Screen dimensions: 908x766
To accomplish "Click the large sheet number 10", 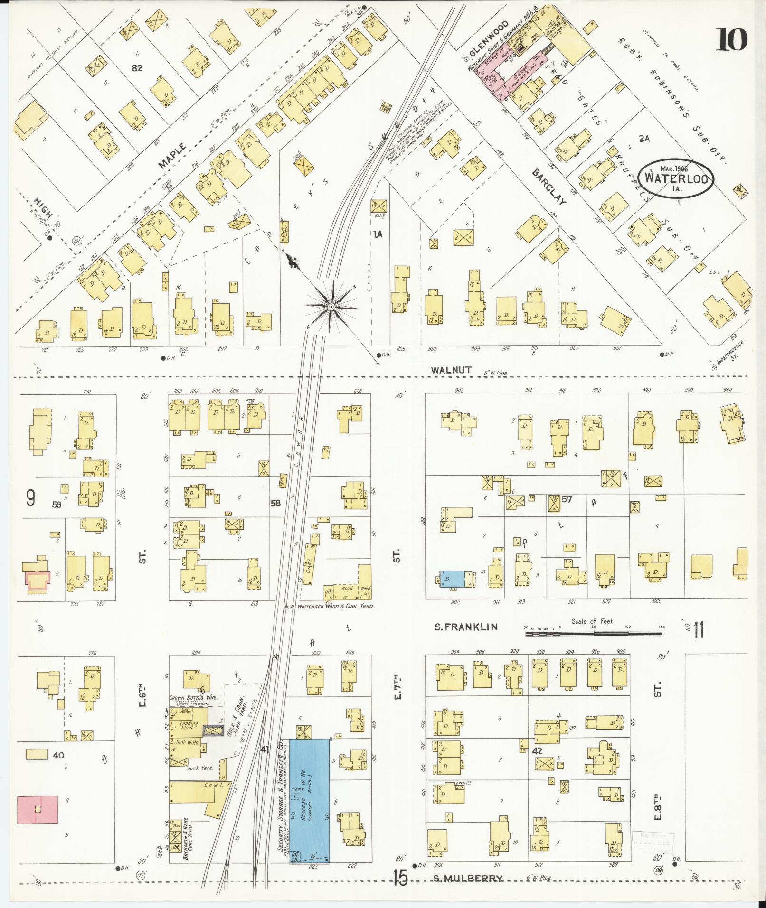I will pos(732,39).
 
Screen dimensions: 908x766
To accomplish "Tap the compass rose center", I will pos(331,308).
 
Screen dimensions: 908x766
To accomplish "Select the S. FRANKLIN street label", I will pos(466,627).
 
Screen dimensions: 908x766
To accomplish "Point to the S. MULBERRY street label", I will pos(467,878).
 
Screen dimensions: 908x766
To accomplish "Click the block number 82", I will pos(137,68).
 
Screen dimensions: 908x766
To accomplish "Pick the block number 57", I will pos(566,499).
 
